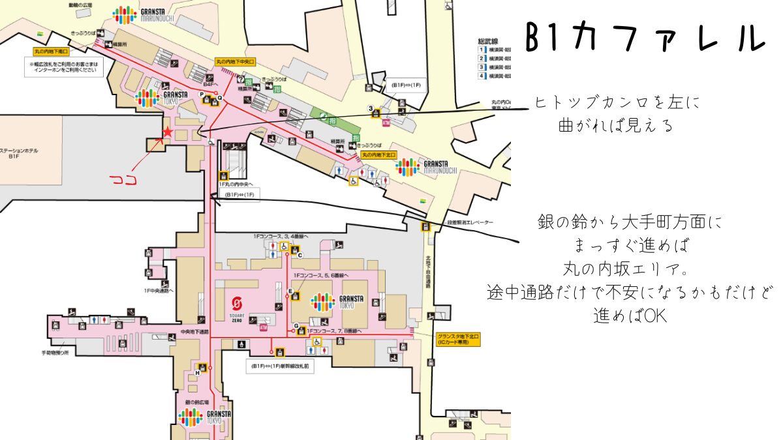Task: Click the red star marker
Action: click(x=168, y=132)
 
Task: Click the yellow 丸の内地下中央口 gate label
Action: click(x=235, y=61)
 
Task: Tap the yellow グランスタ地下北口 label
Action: click(x=458, y=339)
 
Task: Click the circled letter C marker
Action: click(x=300, y=255)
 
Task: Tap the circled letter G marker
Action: click(x=296, y=325)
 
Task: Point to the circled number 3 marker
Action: click(x=370, y=108)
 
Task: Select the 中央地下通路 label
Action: click(x=194, y=332)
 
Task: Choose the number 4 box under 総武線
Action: click(x=482, y=76)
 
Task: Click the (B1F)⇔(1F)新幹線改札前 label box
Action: click(x=280, y=366)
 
